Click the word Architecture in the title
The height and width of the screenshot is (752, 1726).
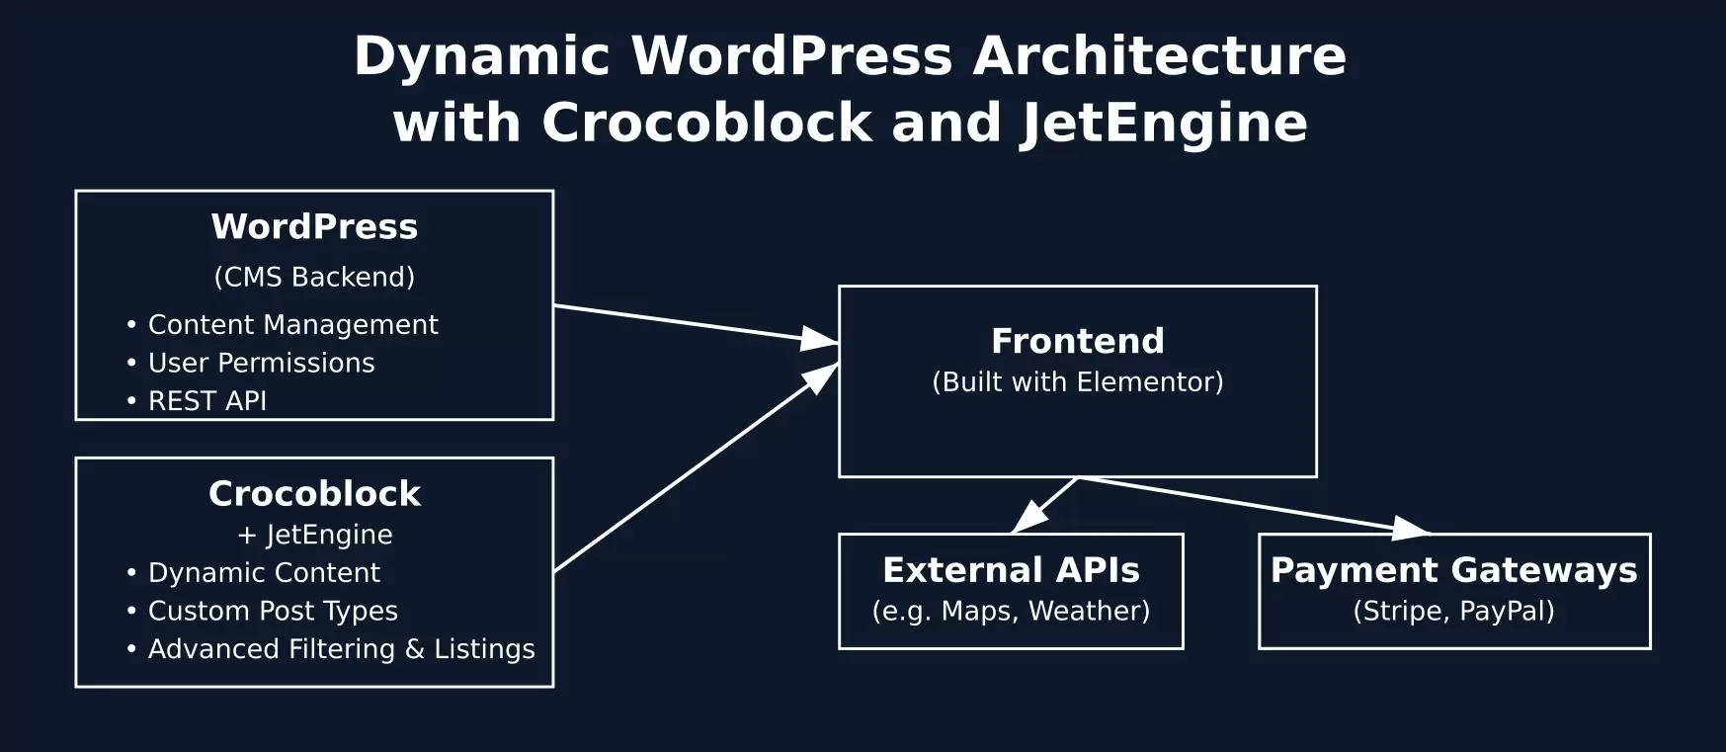click(x=1159, y=55)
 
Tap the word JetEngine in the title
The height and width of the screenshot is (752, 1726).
click(x=1164, y=124)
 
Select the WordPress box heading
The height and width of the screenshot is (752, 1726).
click(x=314, y=227)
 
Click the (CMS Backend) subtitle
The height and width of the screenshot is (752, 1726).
click(x=314, y=277)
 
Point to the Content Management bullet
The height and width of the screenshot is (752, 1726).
click(x=292, y=325)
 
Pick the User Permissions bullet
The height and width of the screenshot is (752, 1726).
click(x=261, y=364)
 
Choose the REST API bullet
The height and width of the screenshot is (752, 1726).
click(x=206, y=401)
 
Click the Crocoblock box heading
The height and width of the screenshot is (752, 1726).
click(x=314, y=494)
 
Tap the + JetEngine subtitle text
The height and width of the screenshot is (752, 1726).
click(x=314, y=535)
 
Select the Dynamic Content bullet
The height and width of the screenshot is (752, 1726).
click(x=264, y=573)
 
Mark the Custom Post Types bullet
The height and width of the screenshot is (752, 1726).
click(x=273, y=612)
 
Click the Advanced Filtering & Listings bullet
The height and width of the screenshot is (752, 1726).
click(x=341, y=649)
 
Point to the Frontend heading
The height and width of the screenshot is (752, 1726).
click(x=1077, y=341)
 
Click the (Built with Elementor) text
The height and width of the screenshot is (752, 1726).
click(x=1077, y=382)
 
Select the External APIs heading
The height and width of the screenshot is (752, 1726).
click(x=1011, y=570)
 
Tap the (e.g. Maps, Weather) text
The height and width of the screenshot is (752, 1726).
click(x=1011, y=612)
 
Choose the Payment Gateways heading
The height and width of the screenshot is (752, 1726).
click(x=1453, y=570)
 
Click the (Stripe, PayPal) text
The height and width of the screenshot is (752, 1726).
click(x=1453, y=612)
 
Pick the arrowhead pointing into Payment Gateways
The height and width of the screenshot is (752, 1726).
click(x=1410, y=529)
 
